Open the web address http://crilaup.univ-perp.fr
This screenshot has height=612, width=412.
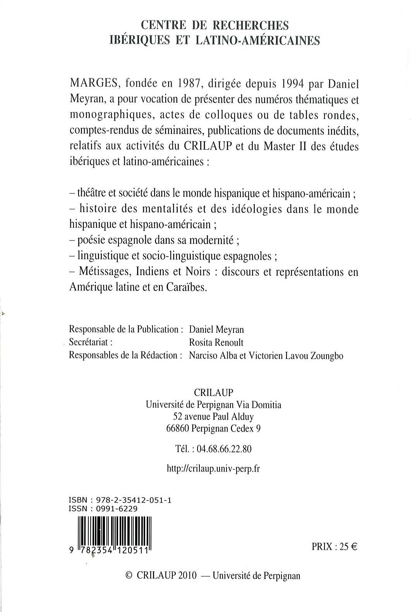click(213, 468)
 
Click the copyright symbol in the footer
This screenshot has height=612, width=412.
click(130, 575)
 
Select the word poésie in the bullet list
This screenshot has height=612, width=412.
click(91, 240)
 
